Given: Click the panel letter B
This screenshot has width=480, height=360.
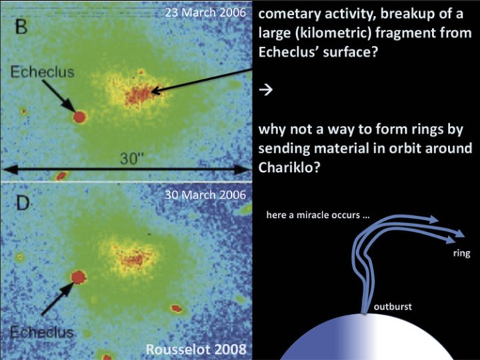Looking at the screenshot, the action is coord(21,27).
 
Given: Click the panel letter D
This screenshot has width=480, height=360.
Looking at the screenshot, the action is coord(23,203).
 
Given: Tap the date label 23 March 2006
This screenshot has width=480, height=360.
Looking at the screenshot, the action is coord(205,13).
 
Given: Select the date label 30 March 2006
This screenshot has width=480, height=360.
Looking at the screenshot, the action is coord(205,195).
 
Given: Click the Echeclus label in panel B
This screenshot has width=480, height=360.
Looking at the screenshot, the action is coord(42,72).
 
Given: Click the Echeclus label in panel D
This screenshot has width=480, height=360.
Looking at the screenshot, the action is coord(42,332).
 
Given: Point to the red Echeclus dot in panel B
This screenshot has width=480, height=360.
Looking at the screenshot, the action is coord(79,117).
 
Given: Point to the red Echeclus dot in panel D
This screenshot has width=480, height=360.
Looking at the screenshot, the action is coord(79,277).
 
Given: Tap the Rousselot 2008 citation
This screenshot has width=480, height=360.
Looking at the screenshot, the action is coord(196,349).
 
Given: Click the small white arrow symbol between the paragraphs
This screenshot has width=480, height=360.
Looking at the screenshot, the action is coord(265,90).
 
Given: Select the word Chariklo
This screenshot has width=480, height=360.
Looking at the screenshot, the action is coord(289,167).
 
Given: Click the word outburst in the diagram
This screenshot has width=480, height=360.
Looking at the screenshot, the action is coord(392,306).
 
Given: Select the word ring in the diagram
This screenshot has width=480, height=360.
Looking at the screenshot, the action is coord(462,253).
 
